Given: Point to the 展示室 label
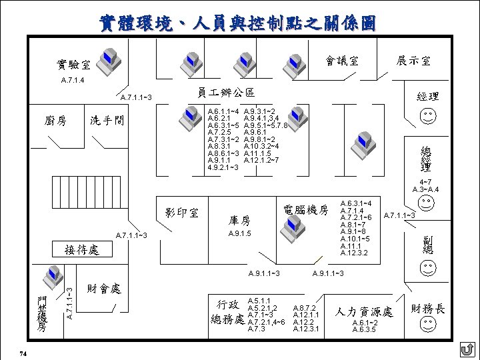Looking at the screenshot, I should (413, 61).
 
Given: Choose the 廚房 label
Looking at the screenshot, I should (55, 121).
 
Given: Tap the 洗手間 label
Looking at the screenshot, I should (107, 121).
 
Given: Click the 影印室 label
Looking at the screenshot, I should (181, 213).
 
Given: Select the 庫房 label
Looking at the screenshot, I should (239, 220).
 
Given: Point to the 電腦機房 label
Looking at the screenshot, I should (306, 209).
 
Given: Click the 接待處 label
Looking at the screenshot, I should (81, 250).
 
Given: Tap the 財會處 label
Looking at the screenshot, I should (104, 289).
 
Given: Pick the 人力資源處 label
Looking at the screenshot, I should (364, 311).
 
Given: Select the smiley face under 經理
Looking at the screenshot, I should (427, 117).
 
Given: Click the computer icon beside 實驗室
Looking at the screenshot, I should (109, 61).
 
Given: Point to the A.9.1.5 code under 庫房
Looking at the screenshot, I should (239, 234).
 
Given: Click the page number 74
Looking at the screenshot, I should (23, 353).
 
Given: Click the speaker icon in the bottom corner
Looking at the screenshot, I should (467, 349).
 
